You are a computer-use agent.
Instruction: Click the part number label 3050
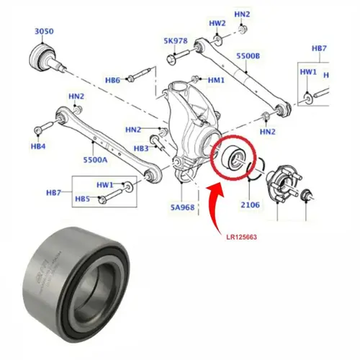click(x=44, y=31)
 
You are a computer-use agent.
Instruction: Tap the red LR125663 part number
click(x=241, y=237)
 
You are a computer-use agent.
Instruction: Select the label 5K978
click(x=176, y=41)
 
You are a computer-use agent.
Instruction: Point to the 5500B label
click(x=248, y=56)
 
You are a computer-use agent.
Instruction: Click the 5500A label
click(x=95, y=160)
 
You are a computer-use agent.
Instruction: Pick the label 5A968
click(x=182, y=207)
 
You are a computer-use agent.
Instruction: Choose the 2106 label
click(x=250, y=204)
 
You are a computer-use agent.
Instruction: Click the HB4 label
click(x=38, y=146)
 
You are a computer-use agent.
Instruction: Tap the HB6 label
click(x=112, y=80)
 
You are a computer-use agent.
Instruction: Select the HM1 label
click(x=216, y=80)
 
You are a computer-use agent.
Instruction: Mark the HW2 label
click(x=217, y=23)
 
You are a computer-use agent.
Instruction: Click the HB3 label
click(x=141, y=148)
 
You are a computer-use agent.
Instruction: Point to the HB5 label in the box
click(x=82, y=199)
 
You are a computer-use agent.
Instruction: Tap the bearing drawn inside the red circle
click(x=232, y=158)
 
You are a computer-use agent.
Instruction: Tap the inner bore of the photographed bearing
click(x=96, y=286)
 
